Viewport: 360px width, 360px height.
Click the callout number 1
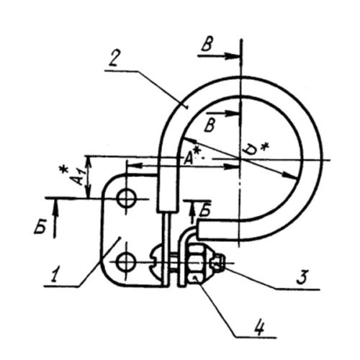55,274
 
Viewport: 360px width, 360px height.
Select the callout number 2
113,58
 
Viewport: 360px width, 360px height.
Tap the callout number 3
302,276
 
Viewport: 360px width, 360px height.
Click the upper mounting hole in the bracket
126,198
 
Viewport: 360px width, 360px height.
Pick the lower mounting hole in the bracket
125,262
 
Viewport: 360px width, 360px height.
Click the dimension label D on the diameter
249,150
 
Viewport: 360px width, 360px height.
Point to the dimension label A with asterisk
192,157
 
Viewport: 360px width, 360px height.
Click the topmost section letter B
207,44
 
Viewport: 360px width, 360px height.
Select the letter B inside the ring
210,125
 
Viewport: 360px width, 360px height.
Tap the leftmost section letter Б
40,226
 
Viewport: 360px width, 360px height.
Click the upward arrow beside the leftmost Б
55,218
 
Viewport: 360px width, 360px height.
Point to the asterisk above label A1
63,169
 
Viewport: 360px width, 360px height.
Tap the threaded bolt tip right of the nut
217,264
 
